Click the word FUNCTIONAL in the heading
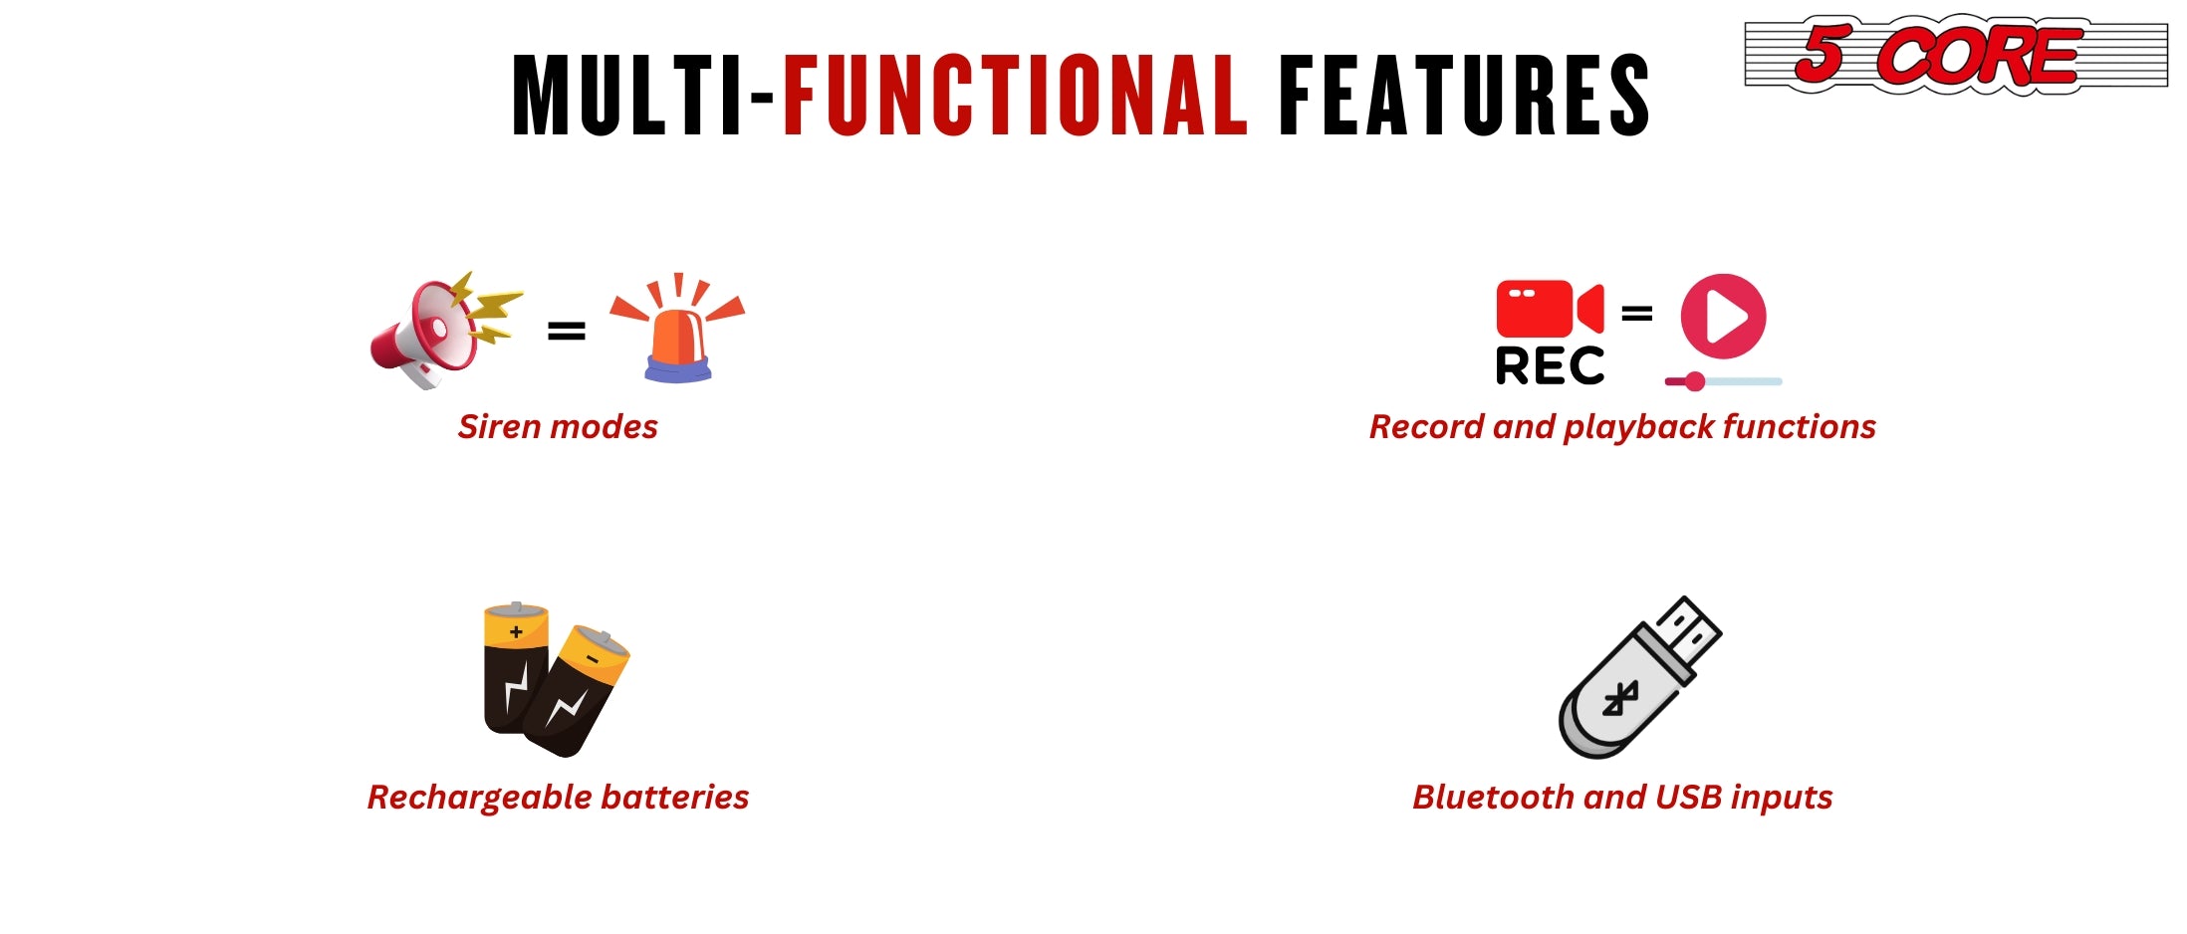1015,95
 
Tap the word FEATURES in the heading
1463,95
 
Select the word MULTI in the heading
626,95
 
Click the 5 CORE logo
1956,55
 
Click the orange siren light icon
677,328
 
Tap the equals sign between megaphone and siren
567,331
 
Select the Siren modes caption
558,427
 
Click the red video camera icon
1550,309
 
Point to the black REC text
1550,365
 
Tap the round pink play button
1723,317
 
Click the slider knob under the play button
1694,381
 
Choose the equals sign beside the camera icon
1637,314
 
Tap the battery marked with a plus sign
515,668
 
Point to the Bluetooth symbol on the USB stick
1620,699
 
